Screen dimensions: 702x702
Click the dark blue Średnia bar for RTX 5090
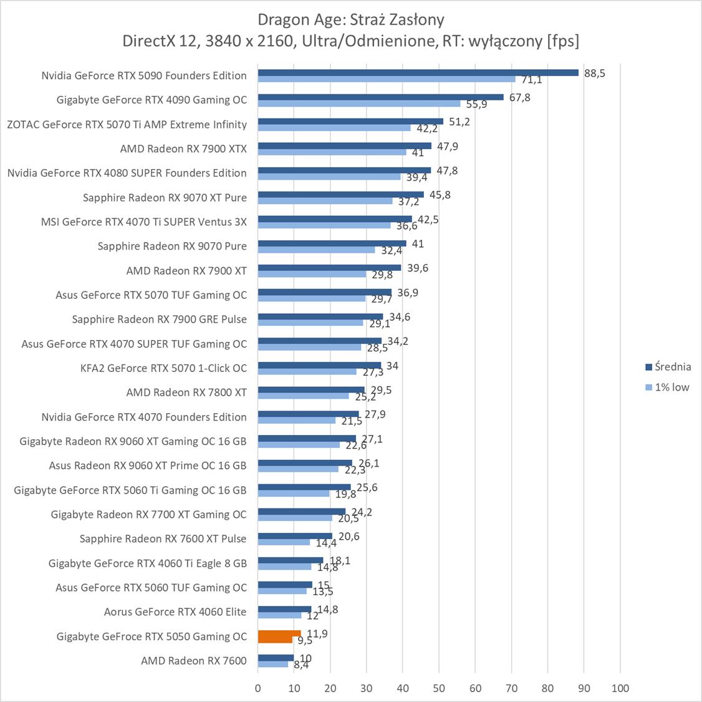[x=418, y=72]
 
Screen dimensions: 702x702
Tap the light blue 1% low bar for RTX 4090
[x=359, y=104]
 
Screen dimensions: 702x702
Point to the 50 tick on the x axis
[x=439, y=688]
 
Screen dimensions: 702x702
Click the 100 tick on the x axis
[x=620, y=688]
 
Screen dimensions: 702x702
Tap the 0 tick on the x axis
[x=258, y=688]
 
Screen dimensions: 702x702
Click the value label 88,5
[x=595, y=73]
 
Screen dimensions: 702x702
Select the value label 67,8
[x=519, y=97]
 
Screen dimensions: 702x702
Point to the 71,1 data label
[x=531, y=80]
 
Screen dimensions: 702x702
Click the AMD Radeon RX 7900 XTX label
[x=183, y=149]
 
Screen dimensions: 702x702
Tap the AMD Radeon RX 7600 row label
[x=194, y=661]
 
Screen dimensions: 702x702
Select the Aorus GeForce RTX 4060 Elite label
[x=175, y=612]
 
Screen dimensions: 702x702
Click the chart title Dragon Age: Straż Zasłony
[x=351, y=19]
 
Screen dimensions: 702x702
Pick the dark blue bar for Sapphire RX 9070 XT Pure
[x=340, y=194]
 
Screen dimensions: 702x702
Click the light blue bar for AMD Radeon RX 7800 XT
[x=304, y=396]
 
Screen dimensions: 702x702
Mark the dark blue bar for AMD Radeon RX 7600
[x=276, y=658]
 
